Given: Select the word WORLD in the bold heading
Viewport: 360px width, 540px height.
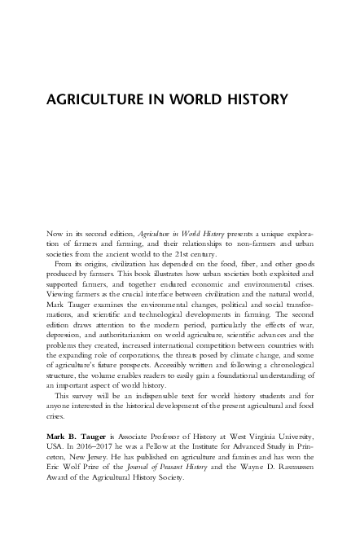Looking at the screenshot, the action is pyautogui.click(x=191, y=101).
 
